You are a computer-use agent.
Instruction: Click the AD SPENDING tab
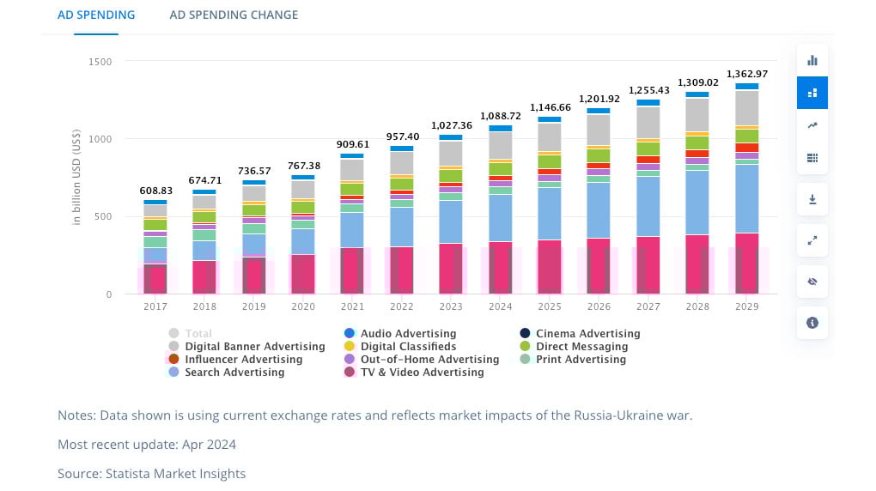pos(96,15)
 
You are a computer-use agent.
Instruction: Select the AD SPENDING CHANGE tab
pos(234,15)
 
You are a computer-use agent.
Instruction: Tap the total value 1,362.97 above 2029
pos(746,74)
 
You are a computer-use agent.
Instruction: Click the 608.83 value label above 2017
pos(155,191)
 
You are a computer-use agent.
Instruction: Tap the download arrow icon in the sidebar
pos(812,199)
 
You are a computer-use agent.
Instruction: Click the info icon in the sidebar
pos(812,323)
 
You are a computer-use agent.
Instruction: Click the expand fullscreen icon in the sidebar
pos(812,240)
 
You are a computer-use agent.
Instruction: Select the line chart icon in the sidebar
pos(812,125)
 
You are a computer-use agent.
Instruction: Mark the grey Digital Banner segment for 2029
pos(746,107)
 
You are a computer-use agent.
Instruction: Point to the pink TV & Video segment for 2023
pos(450,268)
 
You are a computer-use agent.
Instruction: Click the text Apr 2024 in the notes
pos(210,445)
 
